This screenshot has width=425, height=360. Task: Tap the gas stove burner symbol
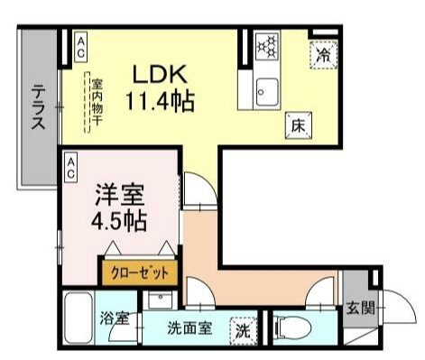point(267,45)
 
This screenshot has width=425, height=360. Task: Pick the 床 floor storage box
point(298,125)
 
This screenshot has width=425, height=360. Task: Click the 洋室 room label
point(119,194)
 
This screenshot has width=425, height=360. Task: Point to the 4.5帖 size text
point(118,219)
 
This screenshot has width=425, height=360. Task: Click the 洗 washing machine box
point(243,330)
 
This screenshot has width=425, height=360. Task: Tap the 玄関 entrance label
point(356,308)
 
